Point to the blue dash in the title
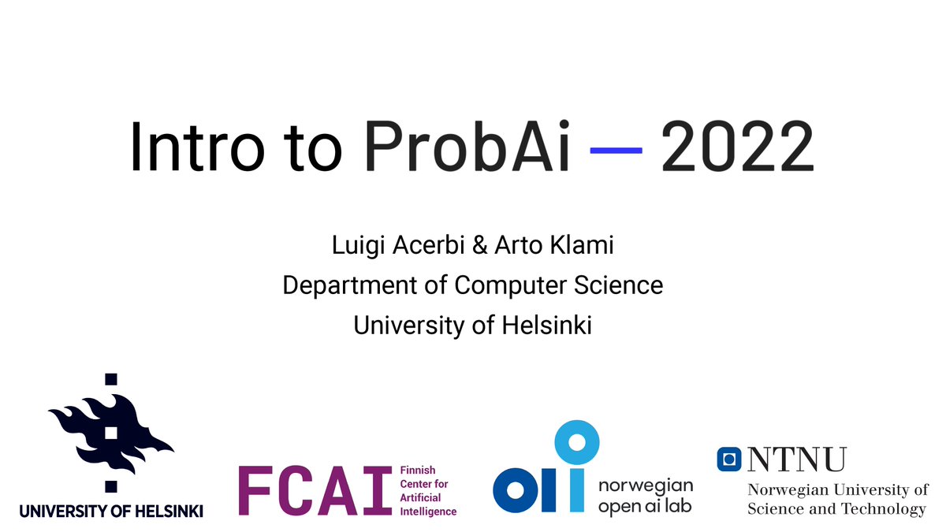tap(616, 150)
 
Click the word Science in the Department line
tap(621, 285)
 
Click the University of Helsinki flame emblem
tap(111, 433)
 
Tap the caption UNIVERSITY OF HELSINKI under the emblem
tap(111, 512)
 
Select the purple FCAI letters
tap(315, 490)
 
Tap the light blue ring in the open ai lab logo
tap(578, 442)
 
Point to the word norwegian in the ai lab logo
tap(646, 485)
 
